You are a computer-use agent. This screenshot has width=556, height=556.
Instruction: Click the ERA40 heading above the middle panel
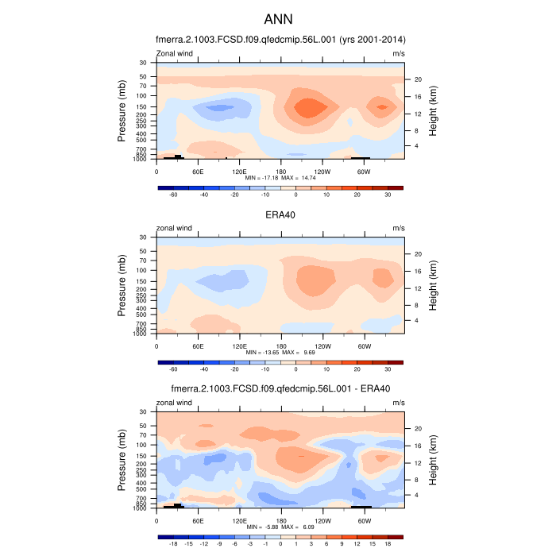pos(280,214)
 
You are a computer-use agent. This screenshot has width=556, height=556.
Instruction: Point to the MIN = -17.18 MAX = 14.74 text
pos(280,178)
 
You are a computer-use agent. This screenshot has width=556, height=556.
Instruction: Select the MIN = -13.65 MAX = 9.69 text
pos(280,352)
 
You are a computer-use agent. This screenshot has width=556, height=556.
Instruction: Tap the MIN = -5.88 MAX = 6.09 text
pos(280,527)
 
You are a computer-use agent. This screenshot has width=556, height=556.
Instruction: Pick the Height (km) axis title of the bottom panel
pos(434,460)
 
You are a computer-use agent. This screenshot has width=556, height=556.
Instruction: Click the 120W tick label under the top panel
pos(322,171)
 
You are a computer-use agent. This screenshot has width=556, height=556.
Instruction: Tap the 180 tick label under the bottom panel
pos(280,520)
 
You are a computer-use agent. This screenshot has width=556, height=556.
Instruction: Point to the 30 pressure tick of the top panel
pos(144,63)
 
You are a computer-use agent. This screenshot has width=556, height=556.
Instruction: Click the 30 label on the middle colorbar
pos(388,369)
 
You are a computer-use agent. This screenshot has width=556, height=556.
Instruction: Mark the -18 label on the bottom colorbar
pos(173,544)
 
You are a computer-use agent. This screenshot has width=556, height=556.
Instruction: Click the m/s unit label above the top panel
pos(399,54)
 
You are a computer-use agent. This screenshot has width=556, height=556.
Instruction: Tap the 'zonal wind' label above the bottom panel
pos(175,403)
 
